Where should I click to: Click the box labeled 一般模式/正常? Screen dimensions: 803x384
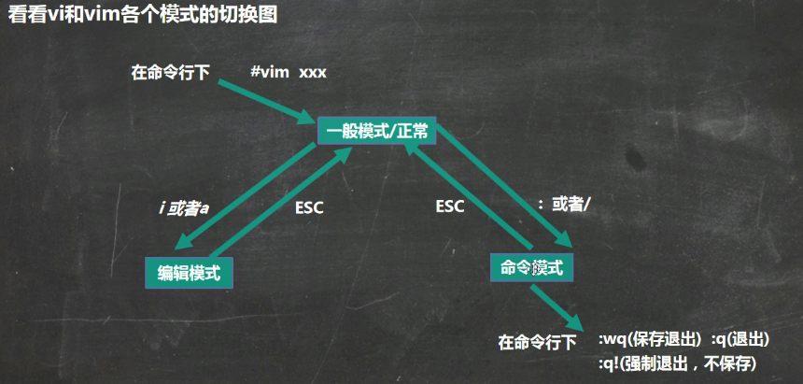(377, 132)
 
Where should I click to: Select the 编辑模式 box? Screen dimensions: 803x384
(189, 272)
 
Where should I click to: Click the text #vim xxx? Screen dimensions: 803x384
(289, 71)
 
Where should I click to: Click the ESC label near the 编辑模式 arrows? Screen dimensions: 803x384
(308, 207)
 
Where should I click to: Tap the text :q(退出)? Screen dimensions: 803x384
(744, 340)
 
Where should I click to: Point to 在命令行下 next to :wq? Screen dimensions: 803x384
(537, 342)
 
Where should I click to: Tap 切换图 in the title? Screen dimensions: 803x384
(255, 17)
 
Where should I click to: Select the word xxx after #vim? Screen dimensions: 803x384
(313, 72)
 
